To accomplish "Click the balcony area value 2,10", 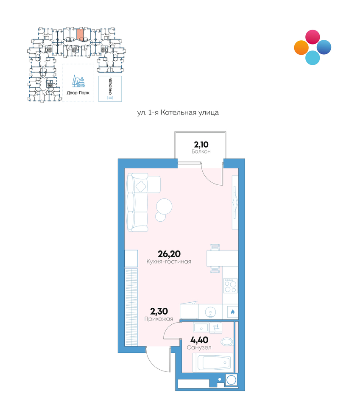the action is [x=201, y=144].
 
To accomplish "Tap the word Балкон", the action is [x=201, y=152].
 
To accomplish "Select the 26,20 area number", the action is [x=169, y=254].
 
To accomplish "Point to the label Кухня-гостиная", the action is [x=169, y=262].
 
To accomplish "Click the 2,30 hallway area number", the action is [x=159, y=311].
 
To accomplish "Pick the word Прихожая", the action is [x=159, y=319].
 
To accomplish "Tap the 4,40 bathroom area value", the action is [x=199, y=340].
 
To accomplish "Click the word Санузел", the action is [x=199, y=348].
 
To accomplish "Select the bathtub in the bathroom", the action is [x=213, y=362].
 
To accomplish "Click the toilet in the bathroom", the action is [x=227, y=342].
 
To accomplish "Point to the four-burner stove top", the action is [x=231, y=286].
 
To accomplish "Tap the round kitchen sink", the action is [x=210, y=312].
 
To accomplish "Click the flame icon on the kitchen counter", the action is [x=232, y=312].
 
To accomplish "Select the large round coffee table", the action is [x=164, y=206].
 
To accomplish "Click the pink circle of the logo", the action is [x=313, y=37].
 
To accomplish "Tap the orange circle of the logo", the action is [x=301, y=47].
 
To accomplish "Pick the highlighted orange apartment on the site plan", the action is [x=80, y=34].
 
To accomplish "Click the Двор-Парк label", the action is [x=78, y=93].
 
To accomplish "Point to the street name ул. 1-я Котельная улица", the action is [x=178, y=113].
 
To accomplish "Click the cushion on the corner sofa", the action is [x=141, y=186].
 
